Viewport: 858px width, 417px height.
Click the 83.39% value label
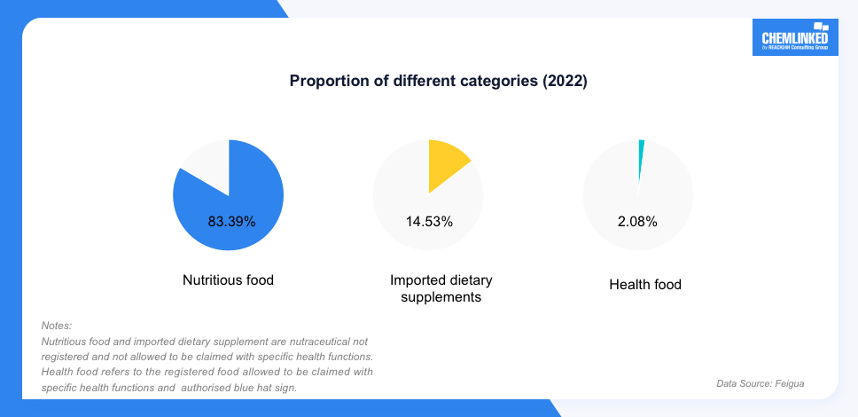point(231,221)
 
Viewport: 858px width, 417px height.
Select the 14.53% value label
point(429,221)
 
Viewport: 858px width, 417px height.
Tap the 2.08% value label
point(637,221)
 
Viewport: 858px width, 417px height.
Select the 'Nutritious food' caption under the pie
point(228,279)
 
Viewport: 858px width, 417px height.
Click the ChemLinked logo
point(794,40)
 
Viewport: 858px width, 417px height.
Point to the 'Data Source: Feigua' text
point(760,383)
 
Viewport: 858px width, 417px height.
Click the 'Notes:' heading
point(57,326)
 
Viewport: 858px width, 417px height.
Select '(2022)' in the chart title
point(565,81)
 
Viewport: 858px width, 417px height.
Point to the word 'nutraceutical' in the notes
point(315,342)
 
